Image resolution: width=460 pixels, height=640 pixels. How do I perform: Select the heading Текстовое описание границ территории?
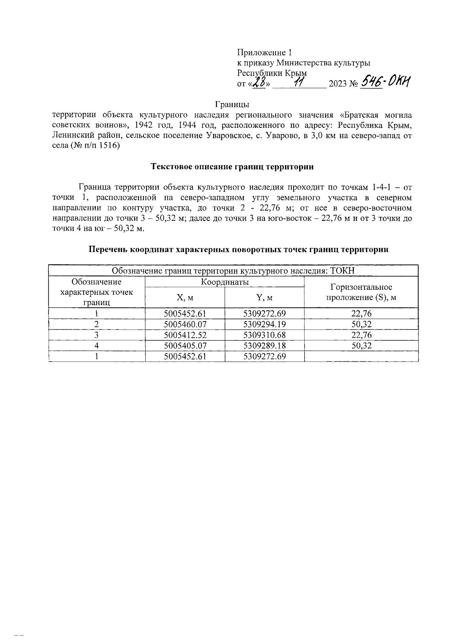click(x=232, y=167)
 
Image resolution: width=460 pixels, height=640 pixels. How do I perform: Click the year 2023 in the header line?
click(x=337, y=84)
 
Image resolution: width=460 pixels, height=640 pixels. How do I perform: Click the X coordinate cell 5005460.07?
click(x=185, y=324)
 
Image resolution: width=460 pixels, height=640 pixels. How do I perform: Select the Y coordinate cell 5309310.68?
click(x=264, y=335)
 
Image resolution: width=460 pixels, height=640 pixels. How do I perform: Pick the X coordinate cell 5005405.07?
click(x=185, y=346)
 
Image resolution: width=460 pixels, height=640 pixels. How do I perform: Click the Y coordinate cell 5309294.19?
click(x=264, y=324)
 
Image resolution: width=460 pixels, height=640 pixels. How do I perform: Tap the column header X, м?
click(x=185, y=297)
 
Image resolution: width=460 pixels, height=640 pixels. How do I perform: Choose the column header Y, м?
click(x=264, y=297)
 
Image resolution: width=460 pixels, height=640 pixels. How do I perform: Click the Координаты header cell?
click(x=225, y=282)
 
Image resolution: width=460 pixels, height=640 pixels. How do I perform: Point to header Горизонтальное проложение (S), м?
click(x=361, y=292)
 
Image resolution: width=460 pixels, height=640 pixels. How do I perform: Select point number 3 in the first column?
click(x=97, y=335)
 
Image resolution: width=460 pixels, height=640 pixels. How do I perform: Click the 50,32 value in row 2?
click(x=361, y=324)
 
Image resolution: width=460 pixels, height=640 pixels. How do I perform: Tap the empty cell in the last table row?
click(x=361, y=356)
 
